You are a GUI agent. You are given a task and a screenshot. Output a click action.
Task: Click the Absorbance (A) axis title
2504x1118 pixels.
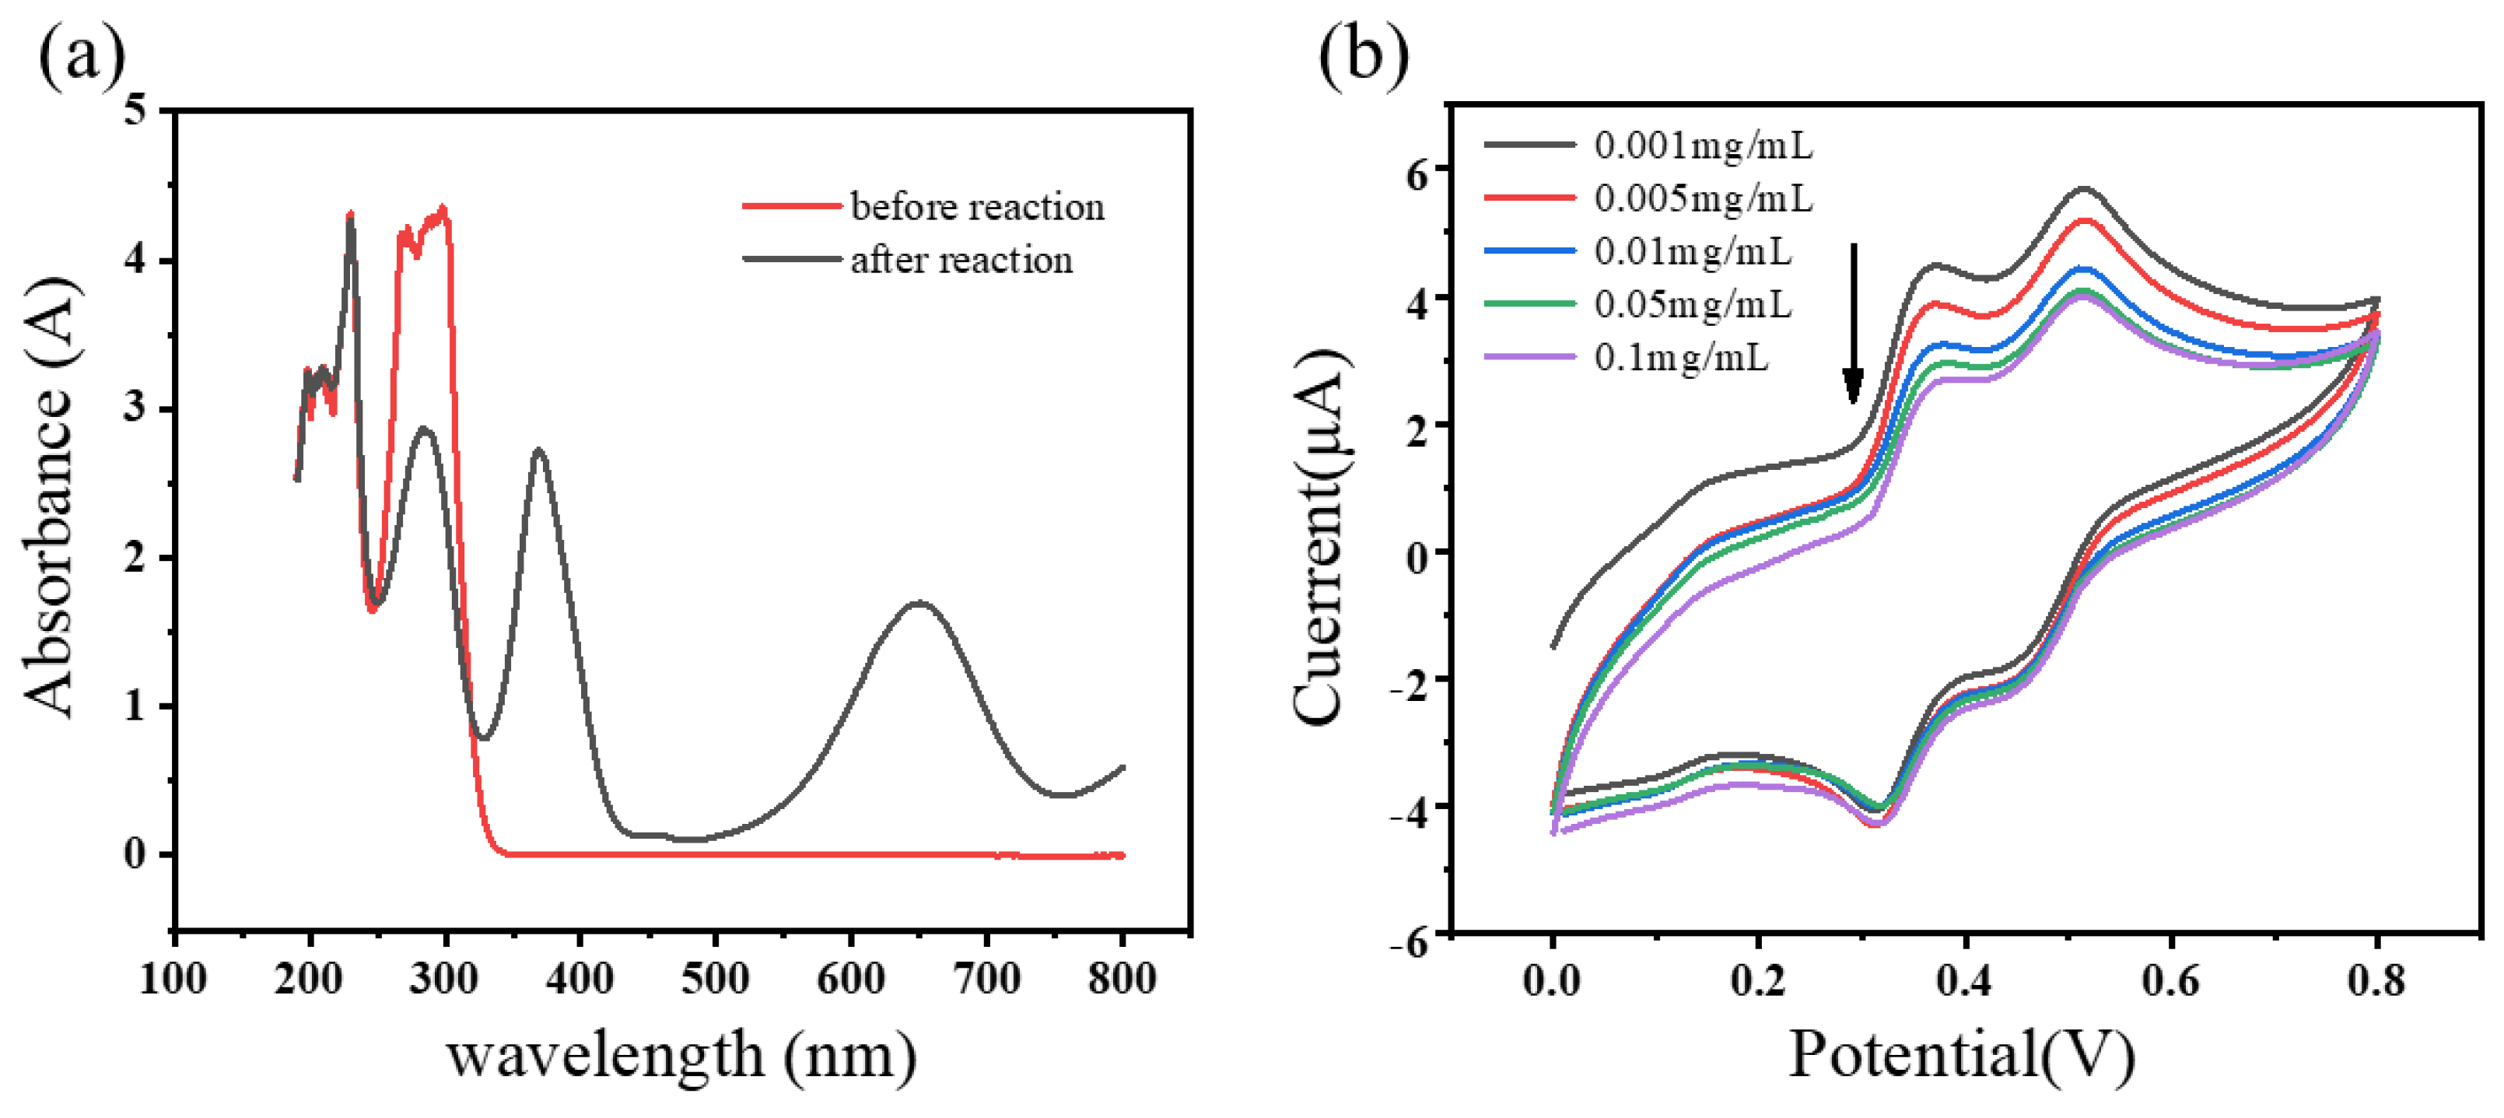(x=48, y=498)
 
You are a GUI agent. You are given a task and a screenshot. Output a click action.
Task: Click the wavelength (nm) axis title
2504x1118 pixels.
(x=681, y=1055)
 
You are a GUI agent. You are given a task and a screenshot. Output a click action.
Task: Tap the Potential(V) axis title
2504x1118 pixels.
(x=1962, y=1055)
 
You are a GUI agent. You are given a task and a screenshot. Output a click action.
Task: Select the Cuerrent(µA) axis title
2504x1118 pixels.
(x=1322, y=537)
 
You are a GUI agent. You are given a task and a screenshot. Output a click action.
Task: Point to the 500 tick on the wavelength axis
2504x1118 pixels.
(x=716, y=979)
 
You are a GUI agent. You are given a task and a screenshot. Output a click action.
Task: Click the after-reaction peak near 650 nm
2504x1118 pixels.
(x=918, y=603)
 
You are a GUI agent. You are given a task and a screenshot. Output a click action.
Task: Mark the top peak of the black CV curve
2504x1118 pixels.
(x=2083, y=188)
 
